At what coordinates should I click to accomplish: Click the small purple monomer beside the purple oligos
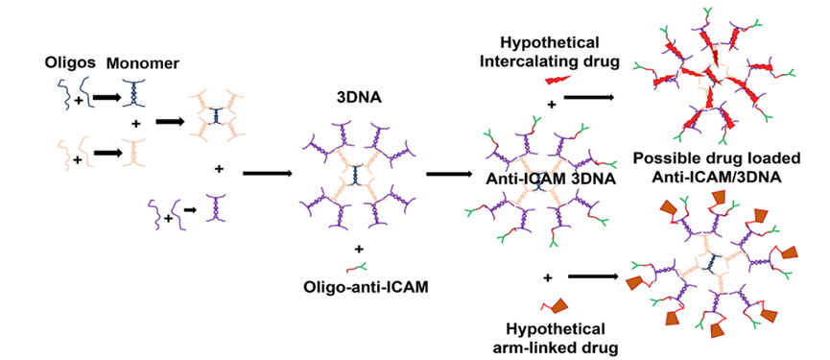point(220,208)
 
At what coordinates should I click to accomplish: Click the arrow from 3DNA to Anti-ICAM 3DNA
point(454,174)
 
